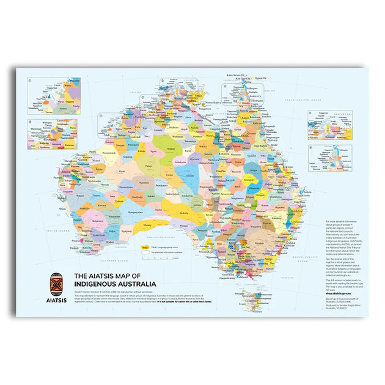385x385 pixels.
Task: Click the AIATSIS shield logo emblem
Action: click(56, 283)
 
